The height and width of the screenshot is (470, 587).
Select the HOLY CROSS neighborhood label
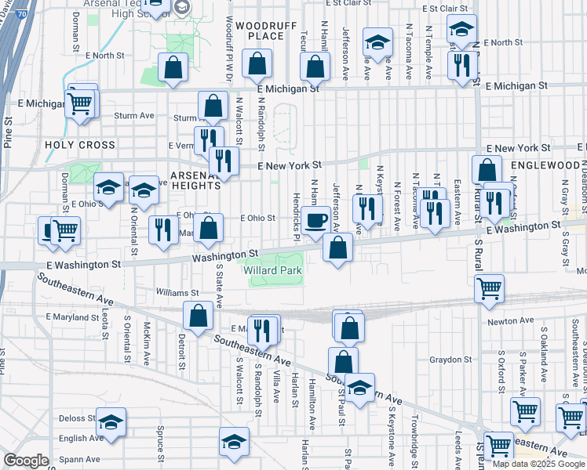click(80, 145)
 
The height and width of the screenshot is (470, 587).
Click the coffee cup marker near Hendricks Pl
click(316, 220)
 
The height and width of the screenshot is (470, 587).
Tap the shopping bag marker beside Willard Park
click(337, 248)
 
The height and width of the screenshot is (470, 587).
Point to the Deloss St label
click(75, 418)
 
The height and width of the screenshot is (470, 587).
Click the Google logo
click(26, 461)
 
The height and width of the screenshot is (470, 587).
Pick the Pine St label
click(8, 132)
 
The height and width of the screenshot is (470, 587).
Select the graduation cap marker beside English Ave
click(111, 422)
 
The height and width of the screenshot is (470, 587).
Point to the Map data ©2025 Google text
click(538, 464)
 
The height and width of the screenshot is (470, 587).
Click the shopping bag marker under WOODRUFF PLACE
click(257, 66)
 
